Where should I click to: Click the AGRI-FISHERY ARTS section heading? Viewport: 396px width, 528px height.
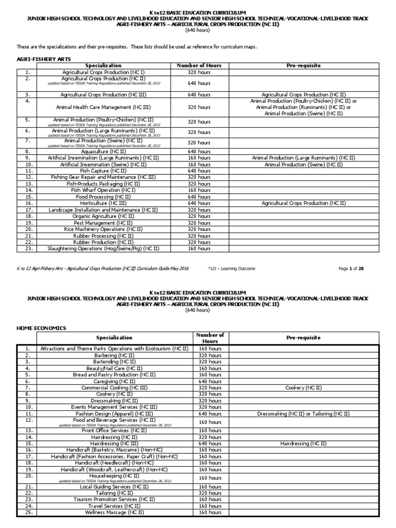point(37,59)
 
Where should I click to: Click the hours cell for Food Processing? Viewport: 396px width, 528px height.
point(199,197)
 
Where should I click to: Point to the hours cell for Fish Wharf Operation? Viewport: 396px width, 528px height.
point(199,190)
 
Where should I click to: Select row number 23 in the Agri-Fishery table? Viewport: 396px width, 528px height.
point(29,249)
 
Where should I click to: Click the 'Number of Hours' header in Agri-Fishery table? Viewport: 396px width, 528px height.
point(199,66)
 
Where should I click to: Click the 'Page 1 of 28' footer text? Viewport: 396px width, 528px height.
point(351,269)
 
